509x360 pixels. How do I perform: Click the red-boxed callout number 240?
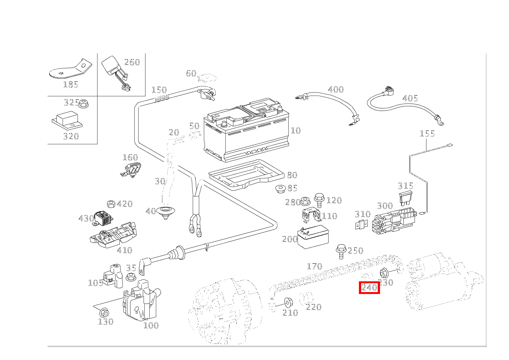pyautogui.click(x=369, y=287)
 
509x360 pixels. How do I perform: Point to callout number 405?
pyautogui.click(x=410, y=98)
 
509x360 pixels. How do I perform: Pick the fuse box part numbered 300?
pyautogui.click(x=395, y=221)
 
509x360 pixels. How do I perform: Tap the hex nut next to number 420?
pyautogui.click(x=111, y=203)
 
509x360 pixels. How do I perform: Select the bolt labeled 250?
pyautogui.click(x=340, y=251)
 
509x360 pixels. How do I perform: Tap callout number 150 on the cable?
pyautogui.click(x=159, y=90)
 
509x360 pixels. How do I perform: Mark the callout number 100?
pyautogui.click(x=151, y=325)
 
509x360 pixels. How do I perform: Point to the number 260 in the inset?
pyautogui.click(x=132, y=62)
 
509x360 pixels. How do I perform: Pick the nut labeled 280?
pyautogui.click(x=305, y=200)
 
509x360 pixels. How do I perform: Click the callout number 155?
pyautogui.click(x=427, y=134)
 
